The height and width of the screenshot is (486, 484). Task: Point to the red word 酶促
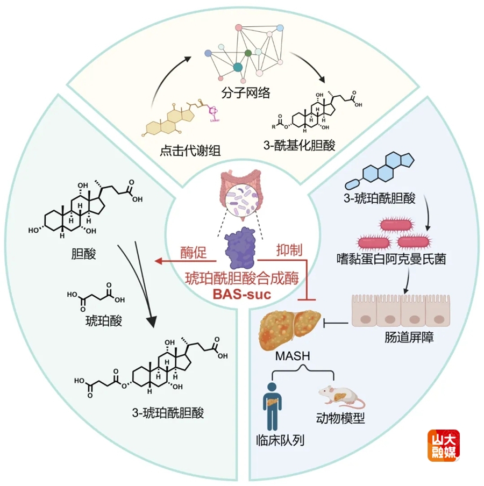click(194, 250)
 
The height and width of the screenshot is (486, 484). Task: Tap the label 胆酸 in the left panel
click(83, 253)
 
